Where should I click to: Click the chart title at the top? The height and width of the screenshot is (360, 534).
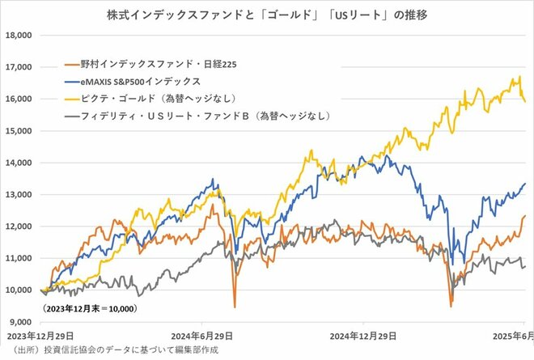click(x=267, y=14)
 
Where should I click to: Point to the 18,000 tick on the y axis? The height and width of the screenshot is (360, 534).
click(x=17, y=36)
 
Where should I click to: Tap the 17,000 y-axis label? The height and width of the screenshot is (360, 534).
click(x=17, y=67)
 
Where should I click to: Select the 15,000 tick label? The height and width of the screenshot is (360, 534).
click(x=17, y=131)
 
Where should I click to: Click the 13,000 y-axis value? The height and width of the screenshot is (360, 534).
click(x=17, y=194)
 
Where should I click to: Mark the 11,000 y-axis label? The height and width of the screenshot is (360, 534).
click(x=17, y=258)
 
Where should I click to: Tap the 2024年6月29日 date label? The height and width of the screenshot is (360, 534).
click(x=205, y=335)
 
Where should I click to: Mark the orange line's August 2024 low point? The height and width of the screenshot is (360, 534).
click(x=235, y=307)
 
